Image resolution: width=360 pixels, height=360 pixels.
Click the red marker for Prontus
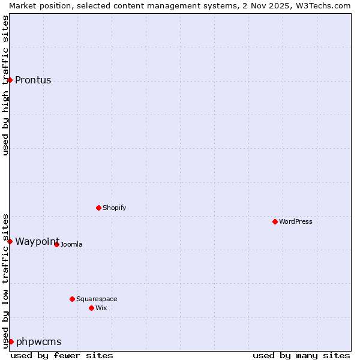[10, 80]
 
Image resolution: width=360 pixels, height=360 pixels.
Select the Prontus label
[33, 80]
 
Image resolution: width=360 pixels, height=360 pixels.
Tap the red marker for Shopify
[98, 208]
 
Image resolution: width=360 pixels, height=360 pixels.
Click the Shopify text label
[114, 208]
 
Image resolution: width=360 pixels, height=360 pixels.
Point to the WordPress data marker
[275, 221]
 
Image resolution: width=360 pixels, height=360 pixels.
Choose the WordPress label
[295, 222]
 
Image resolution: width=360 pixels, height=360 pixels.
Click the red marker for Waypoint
[10, 241]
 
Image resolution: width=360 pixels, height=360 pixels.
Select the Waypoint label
[37, 242]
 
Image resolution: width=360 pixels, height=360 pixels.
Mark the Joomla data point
[56, 244]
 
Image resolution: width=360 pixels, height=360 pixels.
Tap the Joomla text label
[71, 245]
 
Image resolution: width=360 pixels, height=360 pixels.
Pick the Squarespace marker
[72, 299]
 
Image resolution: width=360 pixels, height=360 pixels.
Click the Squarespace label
[97, 299]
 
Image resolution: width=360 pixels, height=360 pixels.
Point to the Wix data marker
[91, 308]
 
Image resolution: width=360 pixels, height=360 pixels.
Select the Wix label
[101, 308]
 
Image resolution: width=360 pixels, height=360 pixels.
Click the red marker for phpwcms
[11, 341]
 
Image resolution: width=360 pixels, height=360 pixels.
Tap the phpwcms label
[38, 342]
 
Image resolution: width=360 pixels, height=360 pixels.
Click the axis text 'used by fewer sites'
[62, 355]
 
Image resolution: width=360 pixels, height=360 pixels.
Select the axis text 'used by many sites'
[301, 355]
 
